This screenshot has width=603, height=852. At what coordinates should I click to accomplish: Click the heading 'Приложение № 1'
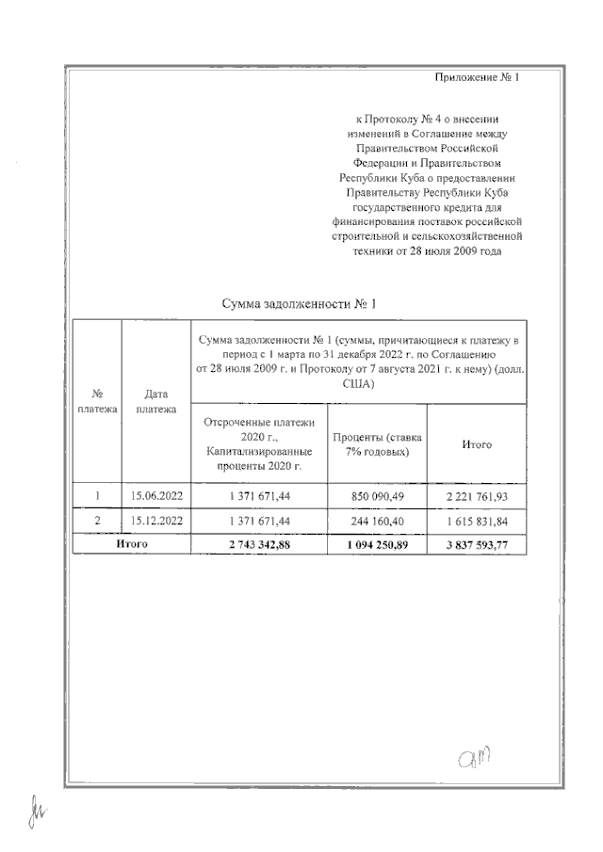pos(478,77)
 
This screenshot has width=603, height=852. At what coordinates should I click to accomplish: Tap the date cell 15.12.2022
pos(156,521)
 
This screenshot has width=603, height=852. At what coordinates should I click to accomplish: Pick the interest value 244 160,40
pos(376,521)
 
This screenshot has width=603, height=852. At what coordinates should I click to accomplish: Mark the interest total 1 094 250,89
pos(376,544)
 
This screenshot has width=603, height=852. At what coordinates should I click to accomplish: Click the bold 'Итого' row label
pos(132,544)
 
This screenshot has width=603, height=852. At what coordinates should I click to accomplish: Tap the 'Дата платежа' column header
pos(156,402)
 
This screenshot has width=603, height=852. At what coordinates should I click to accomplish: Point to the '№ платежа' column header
pos(98,402)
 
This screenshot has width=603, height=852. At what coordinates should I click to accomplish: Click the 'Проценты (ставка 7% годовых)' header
pos(376,444)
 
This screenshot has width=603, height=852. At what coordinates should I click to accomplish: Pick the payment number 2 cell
pos(98,521)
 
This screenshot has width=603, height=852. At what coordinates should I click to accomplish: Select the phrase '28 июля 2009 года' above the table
pos(459,251)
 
